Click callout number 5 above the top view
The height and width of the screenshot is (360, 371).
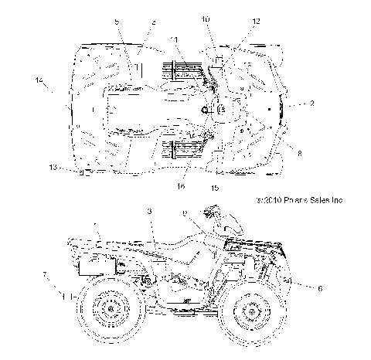click(x=117, y=23)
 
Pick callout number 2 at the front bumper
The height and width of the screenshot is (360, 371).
click(x=311, y=103)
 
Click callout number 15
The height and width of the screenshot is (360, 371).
click(x=215, y=187)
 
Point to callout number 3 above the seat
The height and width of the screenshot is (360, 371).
click(x=148, y=211)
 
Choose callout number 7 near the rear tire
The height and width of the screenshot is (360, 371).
click(x=45, y=276)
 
